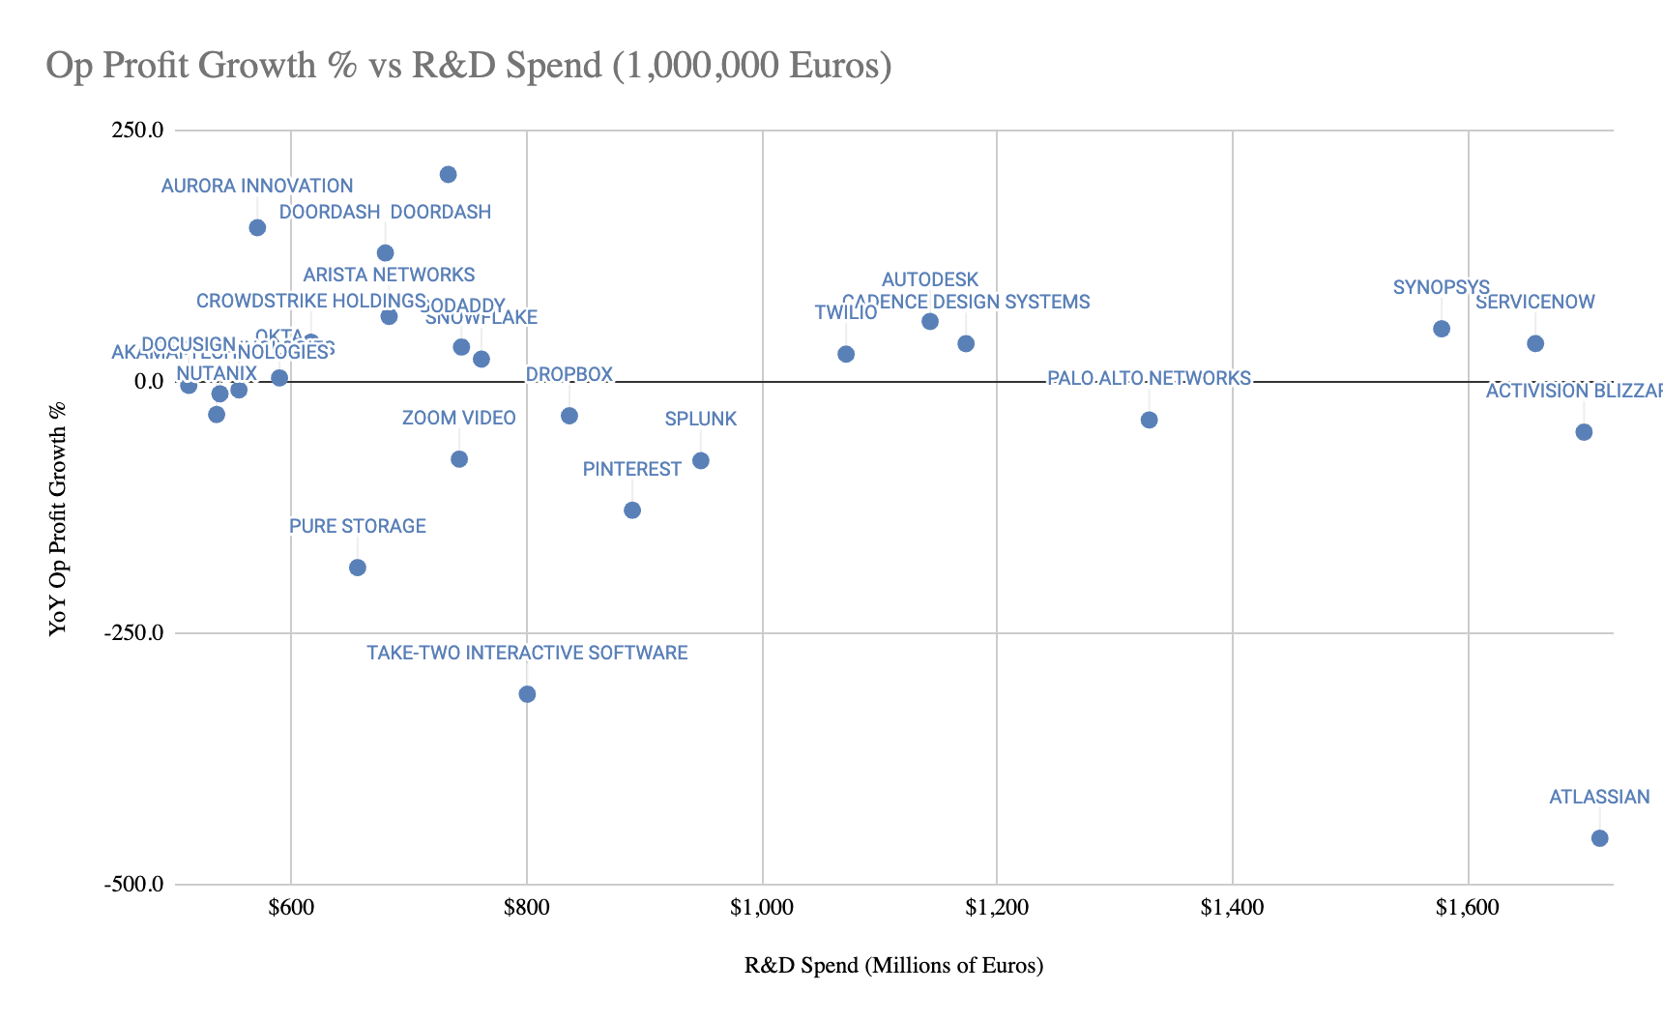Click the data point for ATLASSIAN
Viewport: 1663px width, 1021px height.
pos(1599,838)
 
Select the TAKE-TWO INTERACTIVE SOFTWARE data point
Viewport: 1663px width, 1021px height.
pos(527,694)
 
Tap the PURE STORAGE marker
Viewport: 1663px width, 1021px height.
pos(358,568)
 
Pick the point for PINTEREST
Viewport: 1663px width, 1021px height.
pos(632,510)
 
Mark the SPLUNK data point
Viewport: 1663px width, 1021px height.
pos(701,461)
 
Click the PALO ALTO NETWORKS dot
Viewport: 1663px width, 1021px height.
pos(1149,420)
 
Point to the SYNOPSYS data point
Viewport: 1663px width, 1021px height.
pos(1442,329)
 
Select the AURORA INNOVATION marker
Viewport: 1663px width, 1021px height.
pos(257,228)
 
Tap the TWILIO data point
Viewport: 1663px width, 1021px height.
pos(846,355)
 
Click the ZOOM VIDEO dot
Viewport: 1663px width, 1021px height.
pos(459,459)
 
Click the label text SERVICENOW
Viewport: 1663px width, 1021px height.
pos(1535,303)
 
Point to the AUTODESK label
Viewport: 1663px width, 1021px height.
pos(930,280)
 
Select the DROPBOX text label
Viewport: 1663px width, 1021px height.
pos(569,375)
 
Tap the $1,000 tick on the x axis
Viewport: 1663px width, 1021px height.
pos(762,908)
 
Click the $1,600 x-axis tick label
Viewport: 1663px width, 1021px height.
pos(1468,908)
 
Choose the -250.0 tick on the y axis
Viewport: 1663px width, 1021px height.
pos(134,633)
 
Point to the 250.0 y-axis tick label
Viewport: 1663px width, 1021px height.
pos(138,130)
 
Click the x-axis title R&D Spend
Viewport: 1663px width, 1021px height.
pos(893,966)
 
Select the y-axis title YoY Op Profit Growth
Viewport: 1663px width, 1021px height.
pos(58,519)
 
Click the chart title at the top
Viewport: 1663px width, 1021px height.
pos(468,66)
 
